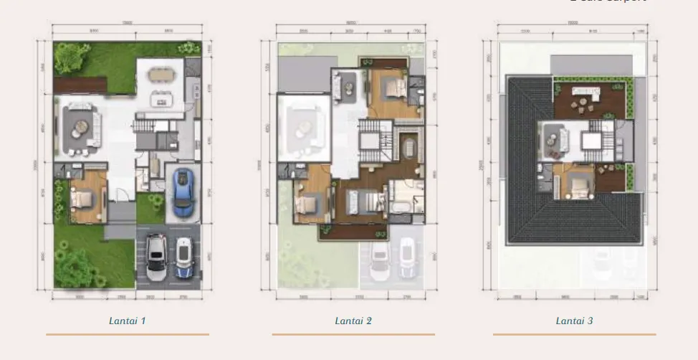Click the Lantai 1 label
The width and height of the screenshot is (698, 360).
click(128, 321)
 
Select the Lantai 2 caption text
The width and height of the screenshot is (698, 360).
click(353, 321)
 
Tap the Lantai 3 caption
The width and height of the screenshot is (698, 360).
click(574, 321)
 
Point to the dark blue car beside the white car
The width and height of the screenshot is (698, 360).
click(183, 258)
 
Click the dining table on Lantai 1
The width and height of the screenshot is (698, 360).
click(162, 74)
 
